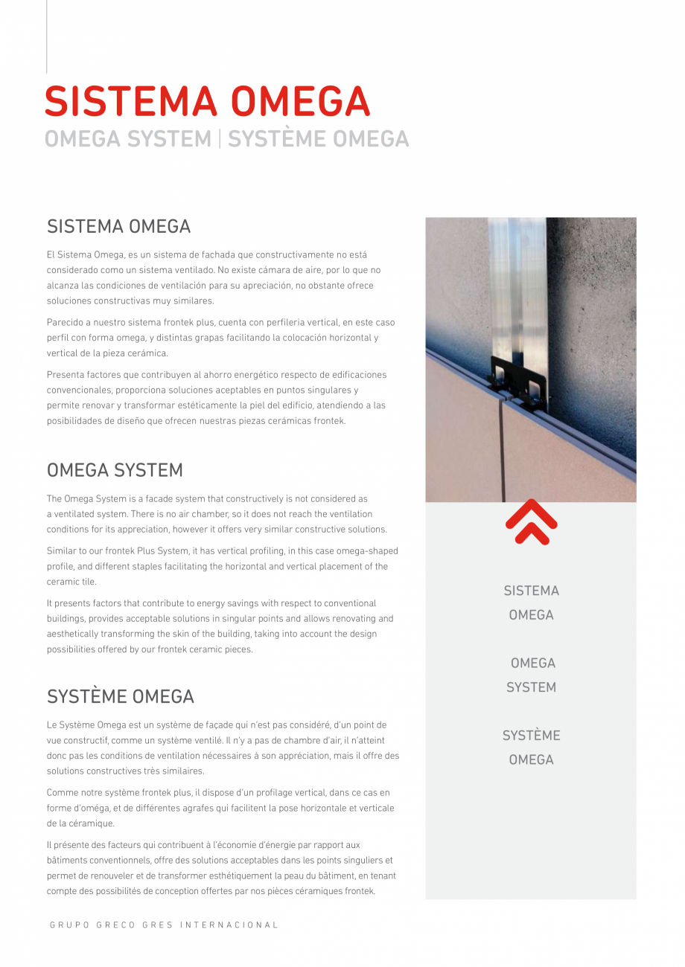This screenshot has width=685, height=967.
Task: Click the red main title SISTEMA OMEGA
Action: [207, 102]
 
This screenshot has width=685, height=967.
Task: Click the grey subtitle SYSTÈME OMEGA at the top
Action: [319, 139]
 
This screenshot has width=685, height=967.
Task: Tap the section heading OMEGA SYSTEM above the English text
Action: [115, 470]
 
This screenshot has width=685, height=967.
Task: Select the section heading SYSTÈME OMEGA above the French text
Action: [121, 696]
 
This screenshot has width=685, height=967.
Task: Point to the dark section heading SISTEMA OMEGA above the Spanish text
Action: [119, 226]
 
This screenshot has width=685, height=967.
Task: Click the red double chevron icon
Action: [531, 522]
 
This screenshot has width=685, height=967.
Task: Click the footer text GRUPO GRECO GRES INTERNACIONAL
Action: [164, 925]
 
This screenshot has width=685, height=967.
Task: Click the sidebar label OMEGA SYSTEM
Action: [532, 675]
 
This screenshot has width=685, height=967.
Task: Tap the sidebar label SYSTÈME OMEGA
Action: [531, 747]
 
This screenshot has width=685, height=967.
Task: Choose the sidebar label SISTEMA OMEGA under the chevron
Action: [531, 603]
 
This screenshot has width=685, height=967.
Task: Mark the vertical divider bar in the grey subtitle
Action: [220, 139]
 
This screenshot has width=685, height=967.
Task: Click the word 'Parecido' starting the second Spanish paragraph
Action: [65, 323]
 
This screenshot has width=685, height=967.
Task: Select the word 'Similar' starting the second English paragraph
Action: [62, 551]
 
